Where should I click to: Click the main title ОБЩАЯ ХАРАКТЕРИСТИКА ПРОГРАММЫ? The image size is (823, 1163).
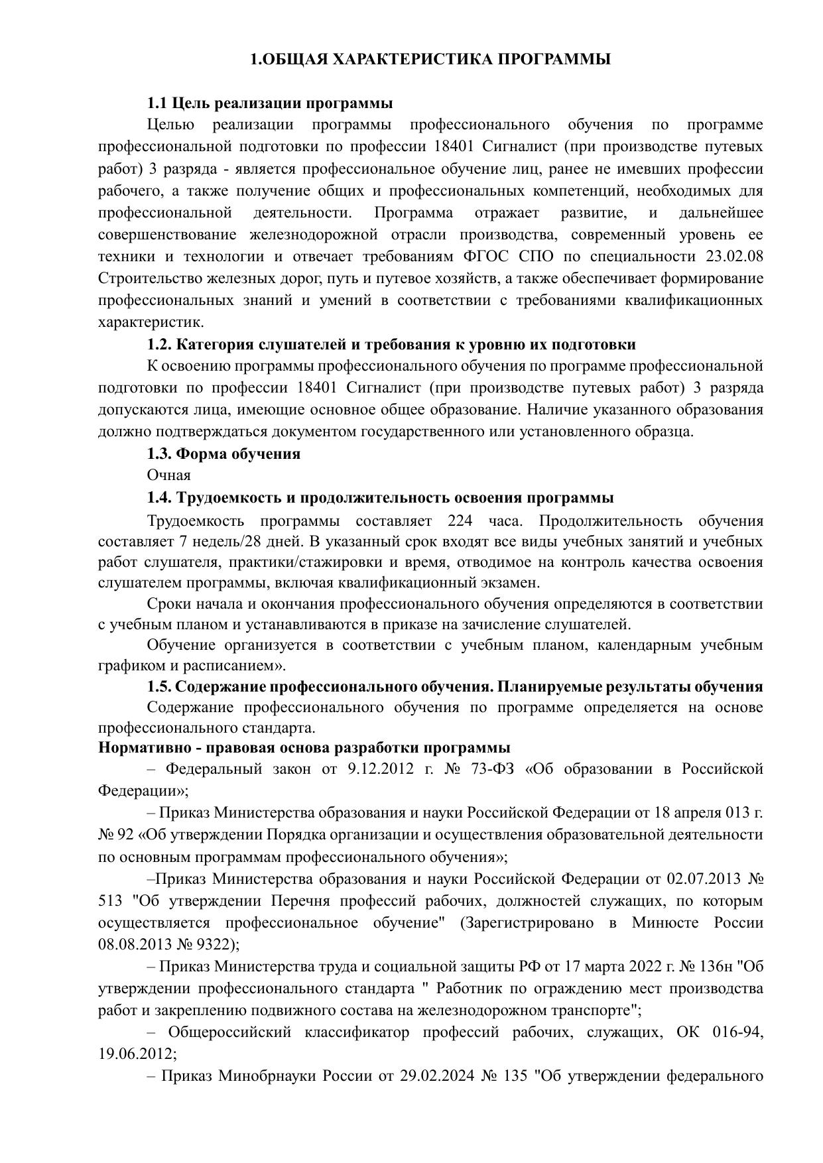point(430,60)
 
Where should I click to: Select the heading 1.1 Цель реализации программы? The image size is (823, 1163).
point(270,103)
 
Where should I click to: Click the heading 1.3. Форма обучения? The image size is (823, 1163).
point(223,454)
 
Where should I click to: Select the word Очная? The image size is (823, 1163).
point(168,475)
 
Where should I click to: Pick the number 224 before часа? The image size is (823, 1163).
point(460,520)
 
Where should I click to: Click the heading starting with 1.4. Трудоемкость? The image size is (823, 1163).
point(380,498)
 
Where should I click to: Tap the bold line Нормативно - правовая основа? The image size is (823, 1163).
point(304,748)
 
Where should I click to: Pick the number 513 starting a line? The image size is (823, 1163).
point(110,901)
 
